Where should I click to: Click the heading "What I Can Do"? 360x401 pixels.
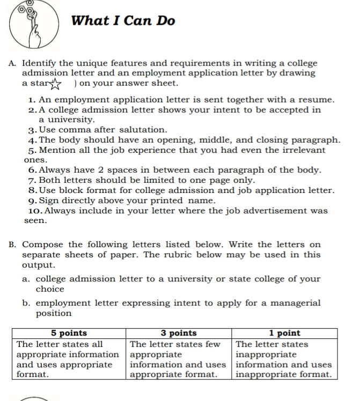click(x=123, y=21)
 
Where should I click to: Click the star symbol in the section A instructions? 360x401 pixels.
click(x=56, y=84)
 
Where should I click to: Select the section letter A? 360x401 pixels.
click(x=12, y=63)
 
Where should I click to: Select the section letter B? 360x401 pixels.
click(x=12, y=244)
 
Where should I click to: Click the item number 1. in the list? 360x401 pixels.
click(x=33, y=100)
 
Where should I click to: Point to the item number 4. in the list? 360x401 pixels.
click(x=32, y=140)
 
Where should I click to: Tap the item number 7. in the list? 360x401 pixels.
click(x=32, y=180)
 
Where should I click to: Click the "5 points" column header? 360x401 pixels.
click(x=69, y=333)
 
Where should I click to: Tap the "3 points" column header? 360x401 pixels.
click(x=179, y=333)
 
